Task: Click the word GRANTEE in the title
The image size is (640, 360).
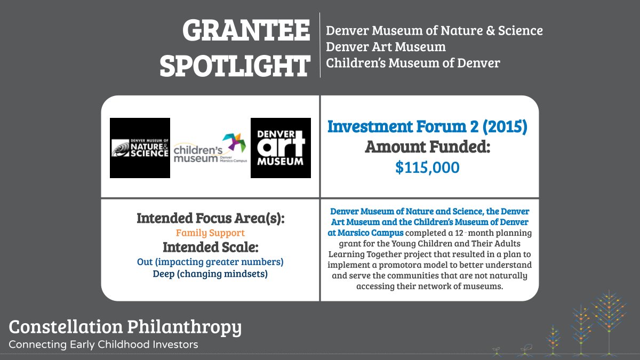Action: (246, 31)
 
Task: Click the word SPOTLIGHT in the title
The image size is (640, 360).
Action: (235, 66)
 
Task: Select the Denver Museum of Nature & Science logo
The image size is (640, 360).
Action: (140, 148)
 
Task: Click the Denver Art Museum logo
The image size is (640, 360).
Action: (281, 148)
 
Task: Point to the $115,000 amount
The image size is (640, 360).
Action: (427, 167)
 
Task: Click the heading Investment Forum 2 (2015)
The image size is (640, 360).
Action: (427, 127)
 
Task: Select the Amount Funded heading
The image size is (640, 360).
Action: (427, 147)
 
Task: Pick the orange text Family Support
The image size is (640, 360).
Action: (210, 233)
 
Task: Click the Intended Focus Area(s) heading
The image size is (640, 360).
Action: (210, 219)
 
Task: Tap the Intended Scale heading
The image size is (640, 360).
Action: (210, 247)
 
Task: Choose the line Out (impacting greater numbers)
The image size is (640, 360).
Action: (210, 262)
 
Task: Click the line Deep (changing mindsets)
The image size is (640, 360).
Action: (210, 274)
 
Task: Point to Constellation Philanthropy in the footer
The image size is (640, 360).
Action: (125, 326)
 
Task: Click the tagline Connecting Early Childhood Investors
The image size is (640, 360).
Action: (103, 345)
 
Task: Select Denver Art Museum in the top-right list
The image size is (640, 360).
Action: (386, 47)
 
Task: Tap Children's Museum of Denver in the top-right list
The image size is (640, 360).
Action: (413, 63)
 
